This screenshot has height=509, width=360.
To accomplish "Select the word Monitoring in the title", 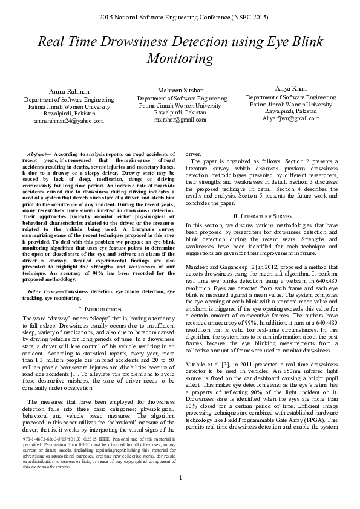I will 180,58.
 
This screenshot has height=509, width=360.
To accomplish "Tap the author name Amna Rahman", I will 64,91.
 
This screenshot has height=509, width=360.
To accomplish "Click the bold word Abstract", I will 41,156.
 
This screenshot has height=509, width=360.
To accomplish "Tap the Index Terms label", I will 43,291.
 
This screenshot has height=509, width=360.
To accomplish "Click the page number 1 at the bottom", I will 180,495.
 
